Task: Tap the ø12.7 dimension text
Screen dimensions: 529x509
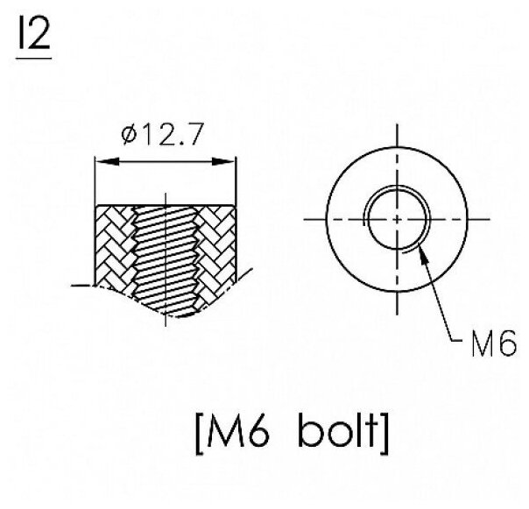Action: [163, 134]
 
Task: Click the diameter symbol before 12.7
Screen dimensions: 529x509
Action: [129, 135]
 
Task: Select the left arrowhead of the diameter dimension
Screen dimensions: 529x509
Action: [107, 161]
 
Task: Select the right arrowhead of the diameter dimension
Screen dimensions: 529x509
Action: [223, 161]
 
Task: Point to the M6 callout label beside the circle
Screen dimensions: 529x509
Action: [494, 343]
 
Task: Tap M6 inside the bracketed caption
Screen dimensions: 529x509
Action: [238, 433]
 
